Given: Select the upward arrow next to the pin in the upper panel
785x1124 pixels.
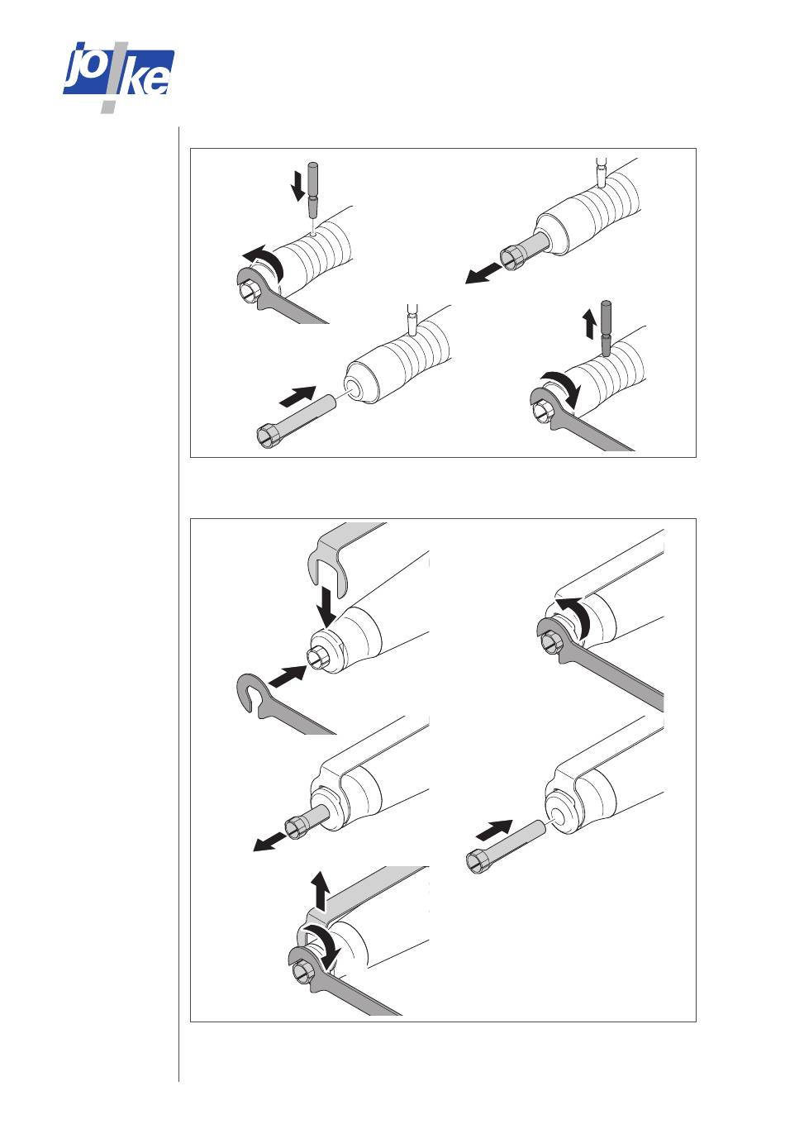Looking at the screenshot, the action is tap(588, 324).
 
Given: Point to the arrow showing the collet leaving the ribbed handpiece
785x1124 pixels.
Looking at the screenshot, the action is tap(483, 273).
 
